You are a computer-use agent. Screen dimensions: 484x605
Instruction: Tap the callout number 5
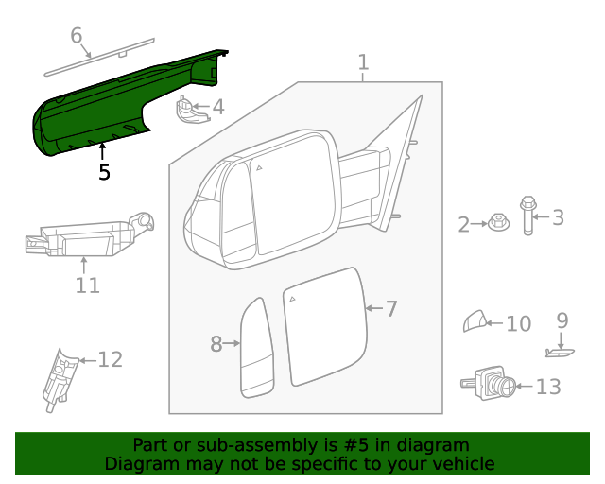point(104,172)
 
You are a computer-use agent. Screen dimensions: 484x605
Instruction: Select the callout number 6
point(77,36)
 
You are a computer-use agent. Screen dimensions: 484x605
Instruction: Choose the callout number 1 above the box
point(363,62)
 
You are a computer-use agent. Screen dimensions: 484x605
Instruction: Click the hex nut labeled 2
point(494,224)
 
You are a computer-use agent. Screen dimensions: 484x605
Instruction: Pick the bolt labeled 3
point(527,216)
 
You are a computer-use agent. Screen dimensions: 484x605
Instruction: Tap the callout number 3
point(558,217)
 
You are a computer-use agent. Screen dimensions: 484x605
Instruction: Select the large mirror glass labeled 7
point(323,326)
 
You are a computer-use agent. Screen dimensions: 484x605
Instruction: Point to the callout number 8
point(216,344)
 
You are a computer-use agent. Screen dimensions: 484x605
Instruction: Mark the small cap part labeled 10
point(475,323)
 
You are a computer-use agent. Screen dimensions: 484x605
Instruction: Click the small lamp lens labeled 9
point(560,353)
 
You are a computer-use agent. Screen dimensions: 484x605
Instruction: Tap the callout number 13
point(548,387)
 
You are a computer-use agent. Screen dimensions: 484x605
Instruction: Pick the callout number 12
point(111,359)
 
